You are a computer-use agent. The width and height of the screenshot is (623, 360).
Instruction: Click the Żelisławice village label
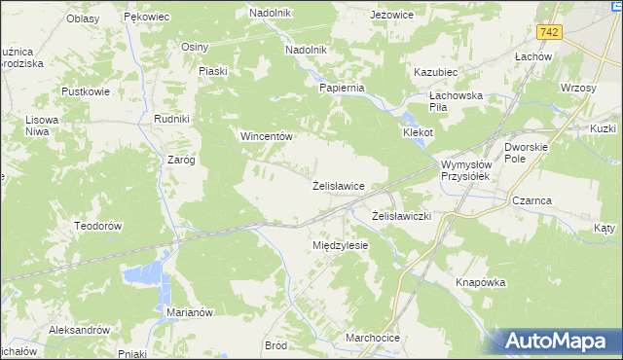tap(338, 185)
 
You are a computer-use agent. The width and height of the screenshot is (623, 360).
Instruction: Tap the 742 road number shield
tap(551, 32)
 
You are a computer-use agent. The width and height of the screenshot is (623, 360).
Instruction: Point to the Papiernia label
tap(342, 87)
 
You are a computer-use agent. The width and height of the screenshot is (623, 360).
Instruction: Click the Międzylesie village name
tap(340, 245)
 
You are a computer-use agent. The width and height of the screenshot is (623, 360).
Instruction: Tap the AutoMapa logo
tap(556, 342)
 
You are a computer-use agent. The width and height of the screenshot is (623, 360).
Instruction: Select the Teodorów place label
tap(96, 225)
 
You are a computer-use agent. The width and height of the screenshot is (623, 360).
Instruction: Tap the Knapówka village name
tap(482, 282)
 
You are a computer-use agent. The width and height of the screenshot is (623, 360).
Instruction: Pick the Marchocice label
tap(372, 338)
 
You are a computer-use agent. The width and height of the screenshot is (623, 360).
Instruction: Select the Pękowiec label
tap(147, 17)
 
